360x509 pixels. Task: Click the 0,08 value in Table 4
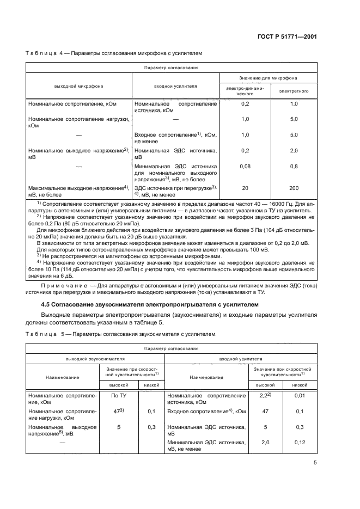point(245,166)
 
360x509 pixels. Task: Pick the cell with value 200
point(294,188)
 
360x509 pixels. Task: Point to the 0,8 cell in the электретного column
point(294,166)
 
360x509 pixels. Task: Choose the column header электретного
point(294,90)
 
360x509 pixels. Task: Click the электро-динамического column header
point(245,90)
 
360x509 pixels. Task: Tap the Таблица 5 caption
point(45,334)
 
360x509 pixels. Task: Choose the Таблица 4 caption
point(45,54)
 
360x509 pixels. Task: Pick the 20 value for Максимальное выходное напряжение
point(245,188)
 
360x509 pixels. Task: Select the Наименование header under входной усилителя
point(205,377)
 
